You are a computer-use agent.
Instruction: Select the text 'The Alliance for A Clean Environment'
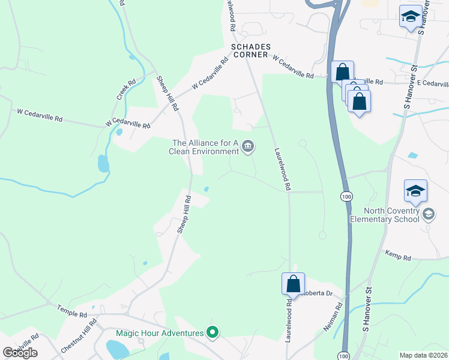point(205,147)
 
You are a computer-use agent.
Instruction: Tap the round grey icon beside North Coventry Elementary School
point(429,214)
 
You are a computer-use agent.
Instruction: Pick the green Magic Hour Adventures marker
point(212,331)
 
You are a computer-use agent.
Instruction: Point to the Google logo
point(20,353)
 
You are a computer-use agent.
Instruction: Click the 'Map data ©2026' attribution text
point(424,355)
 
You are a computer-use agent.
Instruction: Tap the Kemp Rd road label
point(397,257)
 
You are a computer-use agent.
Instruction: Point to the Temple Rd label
point(72,310)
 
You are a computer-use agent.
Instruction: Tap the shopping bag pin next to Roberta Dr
point(294,283)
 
